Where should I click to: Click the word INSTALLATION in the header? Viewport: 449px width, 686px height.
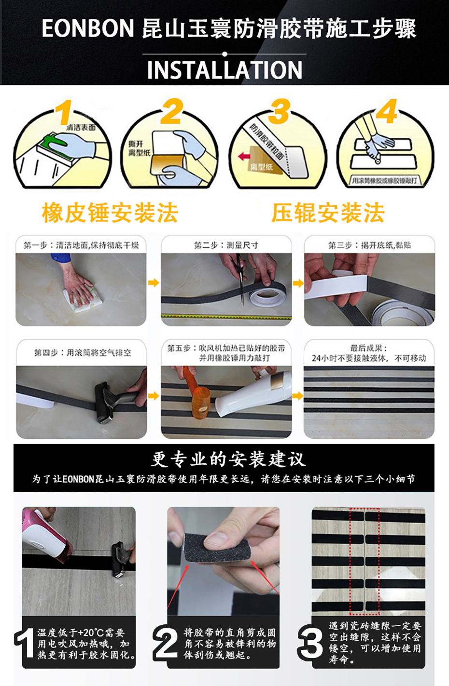pyautogui.click(x=224, y=70)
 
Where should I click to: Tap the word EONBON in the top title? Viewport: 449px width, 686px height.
pyautogui.click(x=87, y=28)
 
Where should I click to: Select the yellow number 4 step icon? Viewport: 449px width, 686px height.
pyautogui.click(x=386, y=112)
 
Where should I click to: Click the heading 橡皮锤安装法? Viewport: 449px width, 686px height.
pyautogui.click(x=110, y=213)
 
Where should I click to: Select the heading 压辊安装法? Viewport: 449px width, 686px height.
pyautogui.click(x=328, y=213)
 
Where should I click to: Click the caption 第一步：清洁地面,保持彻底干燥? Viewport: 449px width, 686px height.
pyautogui.click(x=81, y=245)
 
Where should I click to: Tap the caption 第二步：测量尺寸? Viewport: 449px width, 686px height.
pyautogui.click(x=226, y=245)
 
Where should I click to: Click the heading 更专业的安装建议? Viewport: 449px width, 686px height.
pyautogui.click(x=228, y=459)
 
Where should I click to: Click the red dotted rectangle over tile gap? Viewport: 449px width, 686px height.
pyautogui.click(x=364, y=562)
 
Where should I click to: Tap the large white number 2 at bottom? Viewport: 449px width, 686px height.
pyautogui.click(x=166, y=643)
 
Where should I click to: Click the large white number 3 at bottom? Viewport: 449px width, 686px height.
pyautogui.click(x=310, y=643)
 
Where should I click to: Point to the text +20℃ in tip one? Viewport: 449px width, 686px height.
pyautogui.click(x=92, y=632)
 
